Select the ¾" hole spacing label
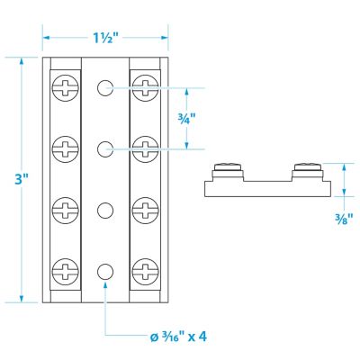pyautogui.click(x=186, y=118)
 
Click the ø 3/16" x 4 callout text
pyautogui.click(x=183, y=337)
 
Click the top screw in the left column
pyautogui.click(x=66, y=86)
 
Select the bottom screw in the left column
pyautogui.click(x=66, y=269)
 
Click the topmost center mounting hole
pyautogui.click(x=105, y=87)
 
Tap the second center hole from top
pyautogui.click(x=105, y=147)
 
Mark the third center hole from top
pyautogui.click(x=105, y=210)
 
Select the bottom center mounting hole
pyautogui.click(x=105, y=270)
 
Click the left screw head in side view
pyautogui.click(x=229, y=166)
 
